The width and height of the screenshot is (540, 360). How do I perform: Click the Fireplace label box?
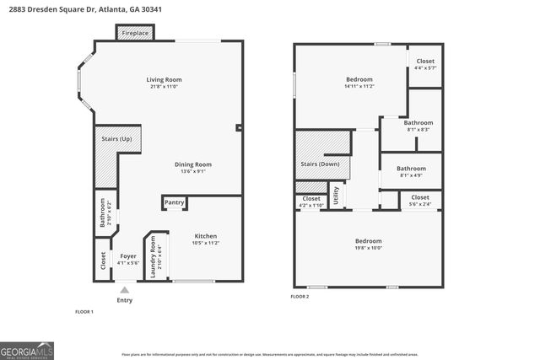[x=135, y=33]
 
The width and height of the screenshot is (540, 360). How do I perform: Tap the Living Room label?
[x=165, y=80]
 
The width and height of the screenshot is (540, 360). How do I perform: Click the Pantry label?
[x=175, y=202]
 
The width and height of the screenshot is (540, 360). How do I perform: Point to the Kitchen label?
[x=206, y=236]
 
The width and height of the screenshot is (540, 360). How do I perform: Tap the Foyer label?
[x=127, y=256]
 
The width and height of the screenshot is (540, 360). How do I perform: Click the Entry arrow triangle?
[x=124, y=290]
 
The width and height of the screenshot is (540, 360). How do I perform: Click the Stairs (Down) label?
[x=320, y=164]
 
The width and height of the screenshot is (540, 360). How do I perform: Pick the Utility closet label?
[x=336, y=196]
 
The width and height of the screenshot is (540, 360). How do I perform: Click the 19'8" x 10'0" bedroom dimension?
[x=368, y=248]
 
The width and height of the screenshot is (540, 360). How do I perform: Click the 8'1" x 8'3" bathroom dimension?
[x=412, y=130]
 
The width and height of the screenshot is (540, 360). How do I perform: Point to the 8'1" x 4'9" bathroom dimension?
[x=412, y=175]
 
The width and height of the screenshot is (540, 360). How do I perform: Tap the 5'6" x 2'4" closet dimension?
[x=420, y=204]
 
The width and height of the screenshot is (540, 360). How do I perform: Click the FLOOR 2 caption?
[x=300, y=297]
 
